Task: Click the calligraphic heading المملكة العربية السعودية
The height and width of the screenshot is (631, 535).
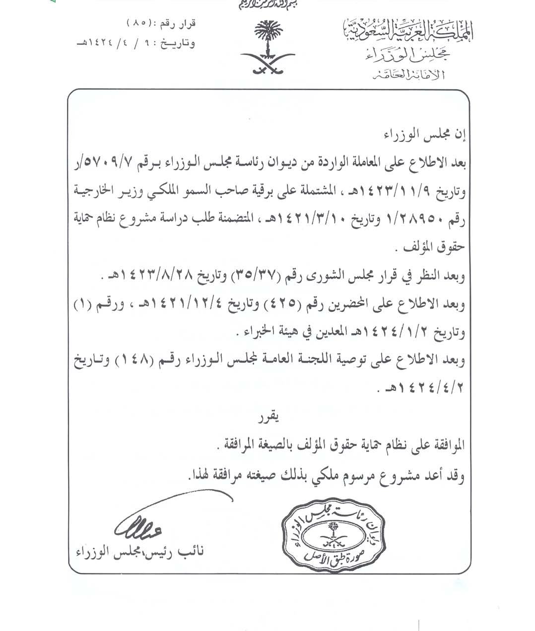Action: click(408, 32)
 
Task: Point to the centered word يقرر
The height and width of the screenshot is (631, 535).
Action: click(267, 418)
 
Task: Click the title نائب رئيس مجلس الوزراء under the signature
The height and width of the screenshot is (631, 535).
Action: click(140, 552)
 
